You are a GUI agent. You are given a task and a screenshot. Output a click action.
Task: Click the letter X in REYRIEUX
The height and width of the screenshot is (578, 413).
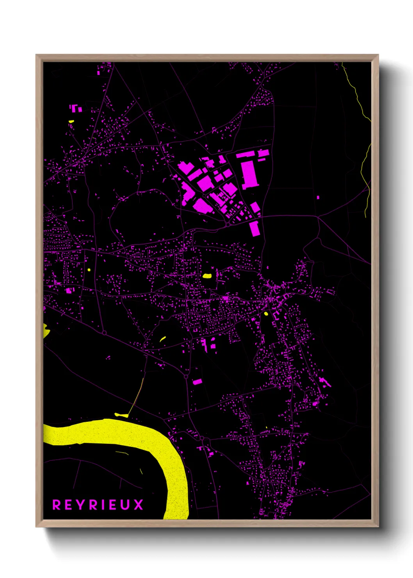click(139, 505)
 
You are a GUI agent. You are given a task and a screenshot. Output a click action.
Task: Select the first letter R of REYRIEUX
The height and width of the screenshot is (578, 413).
click(57, 505)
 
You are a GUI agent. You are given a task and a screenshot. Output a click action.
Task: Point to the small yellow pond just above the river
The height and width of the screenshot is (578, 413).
click(121, 415)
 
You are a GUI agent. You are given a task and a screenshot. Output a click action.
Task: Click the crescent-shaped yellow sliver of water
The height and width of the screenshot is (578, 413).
click(163, 339)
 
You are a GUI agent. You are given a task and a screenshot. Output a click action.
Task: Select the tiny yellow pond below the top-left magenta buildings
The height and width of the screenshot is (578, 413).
click(71, 121)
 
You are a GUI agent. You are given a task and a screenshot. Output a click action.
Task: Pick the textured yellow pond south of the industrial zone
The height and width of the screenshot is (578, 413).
click(207, 276)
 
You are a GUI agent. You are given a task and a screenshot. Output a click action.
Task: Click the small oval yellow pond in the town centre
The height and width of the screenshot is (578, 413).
click(266, 313)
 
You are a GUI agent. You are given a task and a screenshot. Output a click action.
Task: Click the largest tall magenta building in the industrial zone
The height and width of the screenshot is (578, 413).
click(249, 174)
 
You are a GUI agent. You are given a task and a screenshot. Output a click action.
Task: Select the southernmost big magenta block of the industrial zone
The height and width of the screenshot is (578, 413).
click(255, 228)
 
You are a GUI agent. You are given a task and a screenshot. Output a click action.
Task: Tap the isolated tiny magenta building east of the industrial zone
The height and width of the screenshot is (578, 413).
click(318, 198)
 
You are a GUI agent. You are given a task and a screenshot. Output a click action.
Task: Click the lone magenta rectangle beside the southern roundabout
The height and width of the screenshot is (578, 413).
click(198, 382)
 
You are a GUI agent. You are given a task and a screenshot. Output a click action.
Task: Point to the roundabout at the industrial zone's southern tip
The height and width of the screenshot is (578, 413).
click(228, 225)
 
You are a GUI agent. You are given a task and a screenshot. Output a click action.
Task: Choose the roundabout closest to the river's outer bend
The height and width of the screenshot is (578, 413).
click(202, 439)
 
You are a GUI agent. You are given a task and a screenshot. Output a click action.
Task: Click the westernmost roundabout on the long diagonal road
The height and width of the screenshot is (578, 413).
click(104, 333)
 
